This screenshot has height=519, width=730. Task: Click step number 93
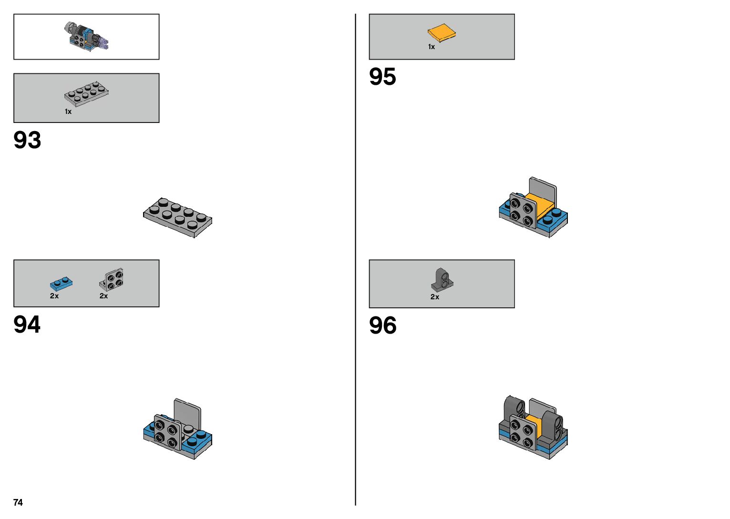click(x=27, y=140)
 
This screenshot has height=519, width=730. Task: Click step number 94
click(x=27, y=325)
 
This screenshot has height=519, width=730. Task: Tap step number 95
click(x=382, y=77)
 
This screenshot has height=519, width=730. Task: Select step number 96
click(x=382, y=326)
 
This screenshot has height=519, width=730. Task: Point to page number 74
click(x=18, y=502)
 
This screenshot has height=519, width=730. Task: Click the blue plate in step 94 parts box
click(x=61, y=284)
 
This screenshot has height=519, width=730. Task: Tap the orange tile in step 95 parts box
click(x=442, y=33)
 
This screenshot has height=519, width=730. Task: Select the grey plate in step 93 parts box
click(x=87, y=92)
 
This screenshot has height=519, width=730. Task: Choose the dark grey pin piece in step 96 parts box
click(x=442, y=280)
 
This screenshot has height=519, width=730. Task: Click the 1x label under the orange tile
click(x=432, y=47)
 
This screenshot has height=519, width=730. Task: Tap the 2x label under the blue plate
click(x=54, y=296)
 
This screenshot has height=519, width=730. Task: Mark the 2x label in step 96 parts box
click(x=435, y=297)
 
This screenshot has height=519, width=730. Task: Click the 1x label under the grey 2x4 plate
click(x=68, y=112)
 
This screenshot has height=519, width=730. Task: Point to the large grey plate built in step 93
click(x=177, y=217)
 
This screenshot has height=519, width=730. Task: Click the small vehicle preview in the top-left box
click(x=87, y=36)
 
